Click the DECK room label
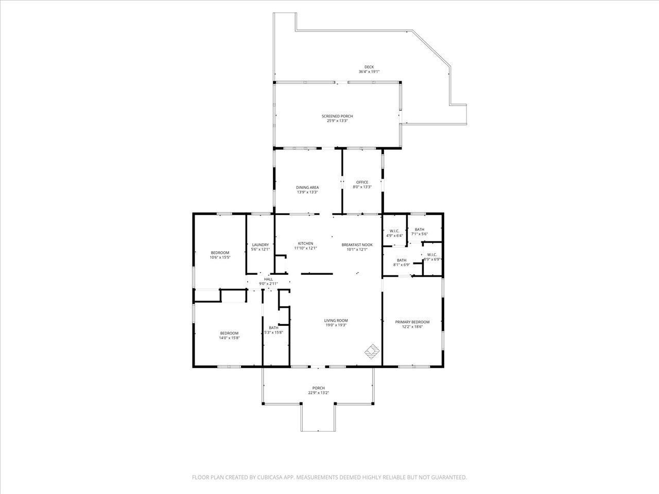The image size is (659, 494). point(369,66)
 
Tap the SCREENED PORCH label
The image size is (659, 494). point(337,116)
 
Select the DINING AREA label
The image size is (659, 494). point(307,187)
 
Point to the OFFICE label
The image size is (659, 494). point(362,182)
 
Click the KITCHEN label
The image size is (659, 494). point(305,243)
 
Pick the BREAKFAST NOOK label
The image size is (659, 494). point(357,245)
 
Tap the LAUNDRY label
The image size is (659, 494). point(260,244)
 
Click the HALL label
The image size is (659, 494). point(268,279)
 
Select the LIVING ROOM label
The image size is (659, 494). point(336,321)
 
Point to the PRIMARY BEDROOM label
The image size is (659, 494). point(412,322)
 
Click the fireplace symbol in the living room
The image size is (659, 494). point(372,352)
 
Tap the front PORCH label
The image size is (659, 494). point(318,388)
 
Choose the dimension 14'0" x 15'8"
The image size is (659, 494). point(229,338)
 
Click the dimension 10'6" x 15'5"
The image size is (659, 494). point(220,257)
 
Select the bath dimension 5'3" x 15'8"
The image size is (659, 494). point(273,332)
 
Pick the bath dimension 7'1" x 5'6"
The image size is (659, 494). point(419,234)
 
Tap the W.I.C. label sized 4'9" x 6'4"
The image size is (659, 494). point(394,231)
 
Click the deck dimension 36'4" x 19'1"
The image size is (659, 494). point(369,72)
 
